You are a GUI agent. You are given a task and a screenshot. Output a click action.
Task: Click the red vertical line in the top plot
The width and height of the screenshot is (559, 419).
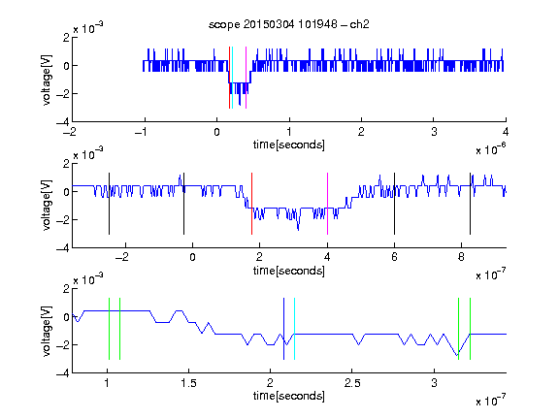pos(229,78)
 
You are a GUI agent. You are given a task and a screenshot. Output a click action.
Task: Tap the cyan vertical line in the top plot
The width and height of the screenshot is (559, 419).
pos(232,78)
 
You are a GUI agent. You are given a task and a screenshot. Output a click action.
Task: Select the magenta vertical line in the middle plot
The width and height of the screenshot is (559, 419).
pos(327,204)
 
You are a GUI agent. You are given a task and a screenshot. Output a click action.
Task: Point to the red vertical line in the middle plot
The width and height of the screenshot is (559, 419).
pos(251,204)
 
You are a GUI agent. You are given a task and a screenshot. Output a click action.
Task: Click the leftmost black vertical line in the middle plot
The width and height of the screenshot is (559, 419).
pos(109,204)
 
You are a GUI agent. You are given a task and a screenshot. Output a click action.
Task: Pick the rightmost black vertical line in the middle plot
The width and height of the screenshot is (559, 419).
pos(470,204)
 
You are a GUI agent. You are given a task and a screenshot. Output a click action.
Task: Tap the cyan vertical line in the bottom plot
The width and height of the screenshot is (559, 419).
pos(294,329)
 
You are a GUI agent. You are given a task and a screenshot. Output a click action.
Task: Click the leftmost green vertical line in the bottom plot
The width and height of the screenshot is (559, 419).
pos(109,329)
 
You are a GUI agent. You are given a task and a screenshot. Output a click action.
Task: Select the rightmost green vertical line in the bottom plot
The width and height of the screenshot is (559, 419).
pos(470,329)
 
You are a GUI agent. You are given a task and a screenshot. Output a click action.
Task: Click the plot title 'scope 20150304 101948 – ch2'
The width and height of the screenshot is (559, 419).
pos(289,24)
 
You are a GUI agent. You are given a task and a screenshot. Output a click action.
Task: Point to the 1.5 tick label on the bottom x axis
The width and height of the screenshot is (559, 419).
pos(188,383)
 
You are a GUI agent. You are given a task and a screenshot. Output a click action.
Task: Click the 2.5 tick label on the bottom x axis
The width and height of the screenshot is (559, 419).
pos(352,383)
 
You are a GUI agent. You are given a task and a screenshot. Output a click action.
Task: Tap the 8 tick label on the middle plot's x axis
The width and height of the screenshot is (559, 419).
pos(461,257)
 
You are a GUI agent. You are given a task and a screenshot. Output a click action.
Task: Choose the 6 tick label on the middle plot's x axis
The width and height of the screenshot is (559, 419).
pos(394,257)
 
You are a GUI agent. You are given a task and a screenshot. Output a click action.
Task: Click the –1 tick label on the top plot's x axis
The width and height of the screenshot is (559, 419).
pos(141,132)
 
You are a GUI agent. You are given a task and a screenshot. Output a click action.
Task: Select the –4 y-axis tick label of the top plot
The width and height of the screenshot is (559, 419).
pos(63,122)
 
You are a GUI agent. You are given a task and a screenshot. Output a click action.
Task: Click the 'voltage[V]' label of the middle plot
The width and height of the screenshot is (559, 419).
pos(47,206)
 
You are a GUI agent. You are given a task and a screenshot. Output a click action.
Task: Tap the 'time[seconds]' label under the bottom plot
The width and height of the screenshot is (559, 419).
pos(289,396)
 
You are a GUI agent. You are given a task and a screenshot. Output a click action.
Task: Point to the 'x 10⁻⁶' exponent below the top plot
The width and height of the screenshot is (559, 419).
pos(491,149)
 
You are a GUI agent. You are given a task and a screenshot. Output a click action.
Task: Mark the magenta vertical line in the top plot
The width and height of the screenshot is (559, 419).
pos(246,78)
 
